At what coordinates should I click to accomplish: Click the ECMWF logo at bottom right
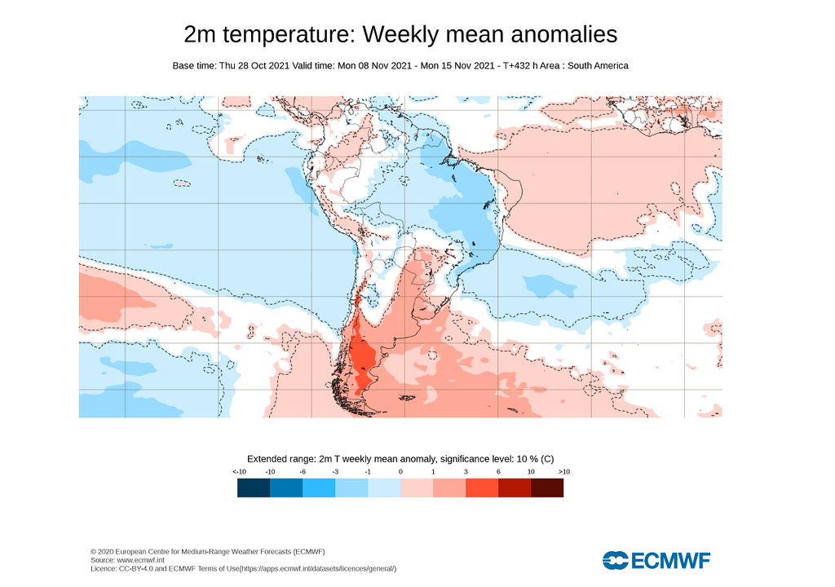[656, 560]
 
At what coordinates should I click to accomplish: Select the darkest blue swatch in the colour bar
[254, 488]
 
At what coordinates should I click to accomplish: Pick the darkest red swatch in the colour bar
[547, 488]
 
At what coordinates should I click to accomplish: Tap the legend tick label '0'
[400, 472]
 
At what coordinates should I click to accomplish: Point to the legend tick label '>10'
[564, 472]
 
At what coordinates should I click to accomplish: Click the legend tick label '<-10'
[239, 472]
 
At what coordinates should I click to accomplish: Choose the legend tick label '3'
[466, 472]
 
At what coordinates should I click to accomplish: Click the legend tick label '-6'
[303, 472]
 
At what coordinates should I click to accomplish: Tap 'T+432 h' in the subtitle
[522, 65]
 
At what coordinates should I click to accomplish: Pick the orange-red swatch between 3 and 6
[482, 488]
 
